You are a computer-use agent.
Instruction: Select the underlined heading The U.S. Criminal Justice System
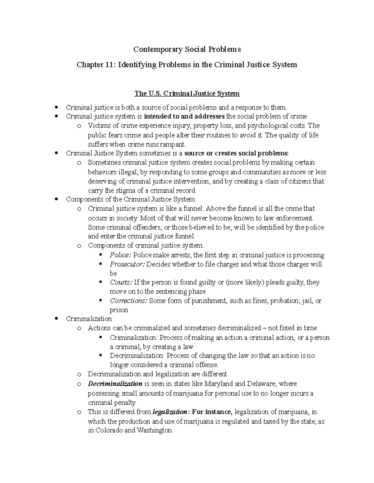[x=187, y=93]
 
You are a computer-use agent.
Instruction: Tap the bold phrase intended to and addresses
[x=185, y=116]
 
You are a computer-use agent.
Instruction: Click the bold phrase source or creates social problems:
[x=237, y=153]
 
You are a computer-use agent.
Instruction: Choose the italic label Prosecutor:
[x=127, y=264]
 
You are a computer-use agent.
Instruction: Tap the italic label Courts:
[x=121, y=282]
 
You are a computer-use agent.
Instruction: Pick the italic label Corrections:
[x=128, y=301]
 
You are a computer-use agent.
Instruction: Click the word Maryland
[x=218, y=383]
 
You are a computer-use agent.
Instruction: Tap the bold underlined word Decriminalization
[x=115, y=383]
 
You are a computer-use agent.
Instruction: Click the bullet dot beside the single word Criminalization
[x=56, y=318]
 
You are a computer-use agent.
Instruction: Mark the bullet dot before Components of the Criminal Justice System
[x=56, y=199]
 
